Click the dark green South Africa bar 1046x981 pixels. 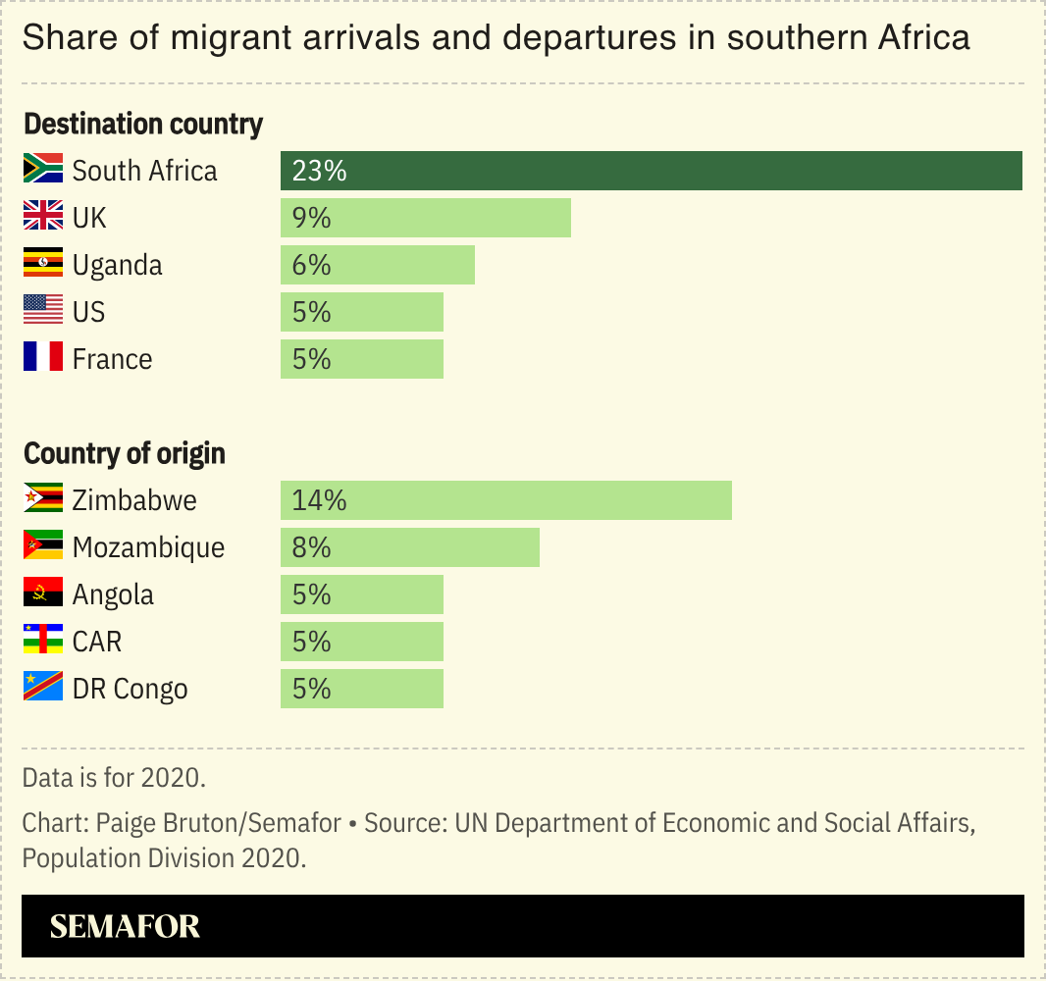coord(652,171)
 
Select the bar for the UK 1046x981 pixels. coord(426,218)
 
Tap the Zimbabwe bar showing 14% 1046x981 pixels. coord(506,500)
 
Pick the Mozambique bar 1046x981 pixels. coord(410,547)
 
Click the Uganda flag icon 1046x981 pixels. coord(43,265)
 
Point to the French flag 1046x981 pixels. coord(43,358)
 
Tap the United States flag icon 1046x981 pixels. coord(43,311)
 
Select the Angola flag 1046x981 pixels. coord(43,594)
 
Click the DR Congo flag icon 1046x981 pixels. coord(43,688)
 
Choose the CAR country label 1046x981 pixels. coord(97,642)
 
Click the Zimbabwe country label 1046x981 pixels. coord(134,500)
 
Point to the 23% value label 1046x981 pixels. coord(319,172)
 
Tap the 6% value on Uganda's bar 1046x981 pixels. coord(311,265)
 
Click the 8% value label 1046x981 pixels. coord(311,547)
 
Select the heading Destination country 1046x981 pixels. coord(143,125)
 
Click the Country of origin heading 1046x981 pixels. coord(125,454)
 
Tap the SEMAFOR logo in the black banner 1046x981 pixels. coord(125,926)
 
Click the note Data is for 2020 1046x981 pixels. coord(114,778)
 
